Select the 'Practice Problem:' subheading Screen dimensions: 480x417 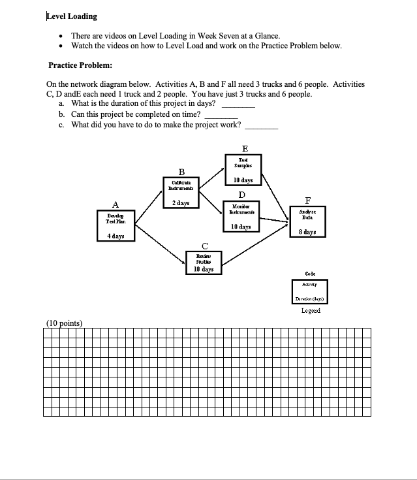pyautogui.click(x=80, y=65)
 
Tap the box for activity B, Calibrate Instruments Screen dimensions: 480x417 pyautogui.click(x=180, y=193)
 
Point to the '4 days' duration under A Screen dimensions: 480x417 pyautogui.click(x=116, y=235)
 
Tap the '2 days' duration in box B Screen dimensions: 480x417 pyautogui.click(x=180, y=203)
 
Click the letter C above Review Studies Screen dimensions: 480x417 pyautogui.click(x=205, y=244)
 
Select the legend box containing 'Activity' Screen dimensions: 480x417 pyautogui.click(x=309, y=291)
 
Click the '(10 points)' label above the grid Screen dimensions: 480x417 pyautogui.click(x=64, y=322)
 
